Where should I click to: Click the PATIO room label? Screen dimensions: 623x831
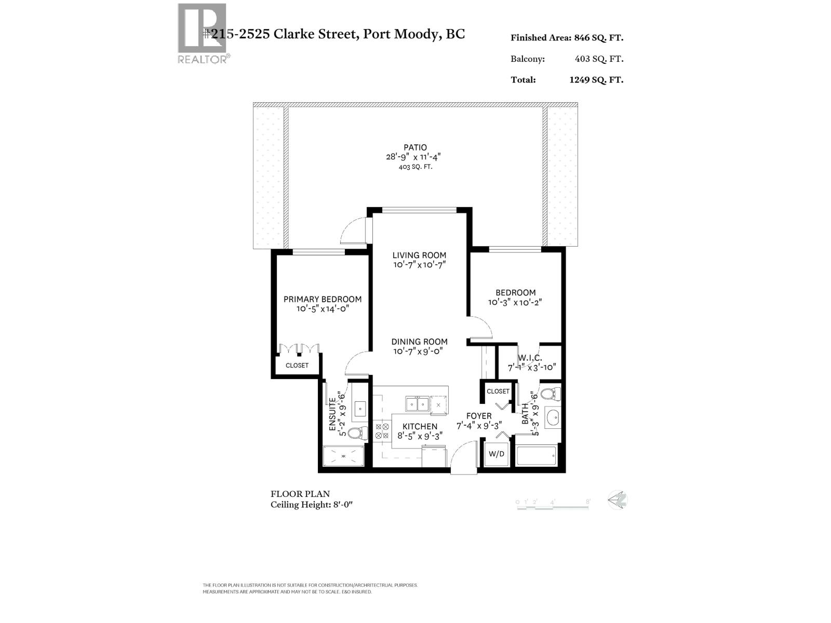415,147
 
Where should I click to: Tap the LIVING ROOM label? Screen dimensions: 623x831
419,255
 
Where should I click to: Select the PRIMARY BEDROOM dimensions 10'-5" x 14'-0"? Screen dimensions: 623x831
322,309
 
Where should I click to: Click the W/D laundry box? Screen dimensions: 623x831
497,454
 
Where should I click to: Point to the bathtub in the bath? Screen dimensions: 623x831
537,455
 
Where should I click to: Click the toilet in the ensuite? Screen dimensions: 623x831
357,433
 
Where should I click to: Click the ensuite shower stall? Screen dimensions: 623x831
344,456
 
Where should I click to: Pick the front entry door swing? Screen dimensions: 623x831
463,457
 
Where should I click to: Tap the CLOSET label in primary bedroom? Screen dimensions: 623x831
297,365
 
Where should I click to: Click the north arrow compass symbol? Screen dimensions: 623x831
618,500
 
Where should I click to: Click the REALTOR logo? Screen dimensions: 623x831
203,33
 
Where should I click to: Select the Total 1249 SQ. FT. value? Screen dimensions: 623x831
596,80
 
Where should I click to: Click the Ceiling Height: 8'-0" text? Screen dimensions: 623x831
312,505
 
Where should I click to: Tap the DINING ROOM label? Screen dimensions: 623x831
419,342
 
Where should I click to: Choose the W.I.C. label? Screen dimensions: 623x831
530,358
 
